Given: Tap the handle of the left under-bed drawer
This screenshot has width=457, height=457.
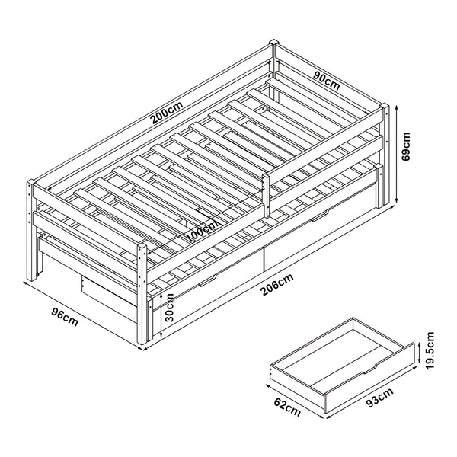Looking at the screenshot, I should (x=206, y=284).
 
